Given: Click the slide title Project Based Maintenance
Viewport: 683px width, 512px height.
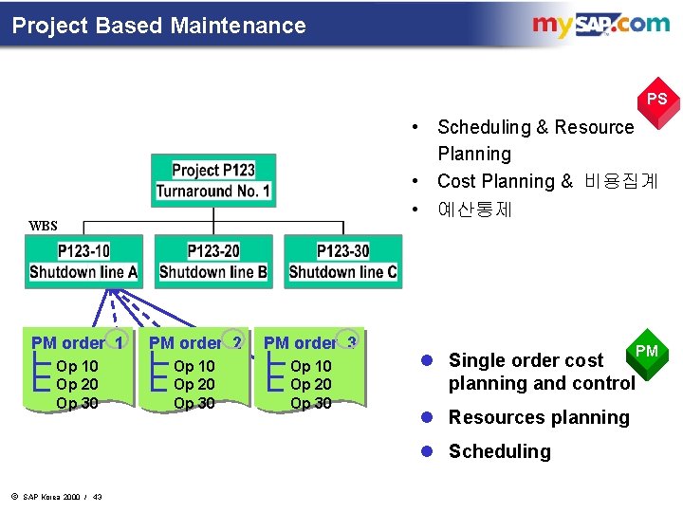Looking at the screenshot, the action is [x=159, y=26].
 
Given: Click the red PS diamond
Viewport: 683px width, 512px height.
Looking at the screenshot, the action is [x=656, y=99].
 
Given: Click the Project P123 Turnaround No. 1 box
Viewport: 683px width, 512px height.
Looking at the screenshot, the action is [x=213, y=180].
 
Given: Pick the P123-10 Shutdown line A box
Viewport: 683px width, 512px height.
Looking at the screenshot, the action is [x=83, y=262].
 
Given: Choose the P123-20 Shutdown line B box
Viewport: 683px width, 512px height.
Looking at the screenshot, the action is [x=213, y=262].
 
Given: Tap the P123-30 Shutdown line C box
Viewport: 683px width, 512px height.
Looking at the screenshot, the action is [x=342, y=262].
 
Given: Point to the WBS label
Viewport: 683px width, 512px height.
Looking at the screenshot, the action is [x=44, y=226].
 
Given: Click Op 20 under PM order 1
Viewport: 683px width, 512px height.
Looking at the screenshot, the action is [x=77, y=384].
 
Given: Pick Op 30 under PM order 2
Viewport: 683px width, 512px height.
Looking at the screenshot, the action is [x=194, y=403].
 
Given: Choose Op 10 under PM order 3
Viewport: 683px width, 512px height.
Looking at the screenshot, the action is [x=311, y=366].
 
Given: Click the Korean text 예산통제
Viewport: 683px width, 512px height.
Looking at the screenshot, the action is [x=474, y=209].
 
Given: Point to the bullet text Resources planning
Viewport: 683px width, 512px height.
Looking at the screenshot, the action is [x=538, y=417].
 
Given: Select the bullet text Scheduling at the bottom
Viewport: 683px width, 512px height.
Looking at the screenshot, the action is [x=499, y=451].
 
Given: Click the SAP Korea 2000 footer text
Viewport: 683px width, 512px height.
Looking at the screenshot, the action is [x=57, y=498].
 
